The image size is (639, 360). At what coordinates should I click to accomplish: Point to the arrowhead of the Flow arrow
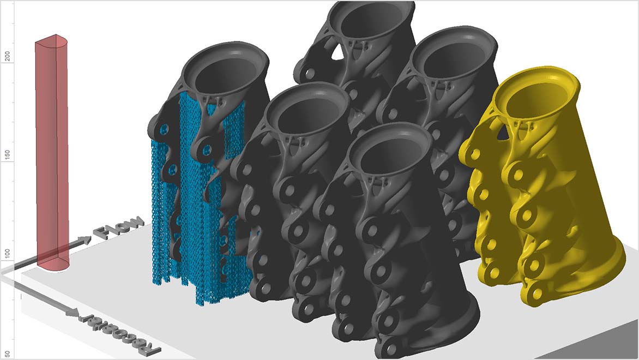coord(87,239)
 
